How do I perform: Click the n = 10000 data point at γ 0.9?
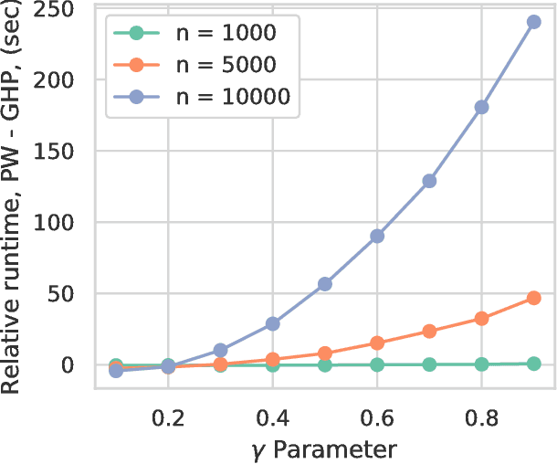pos(534,22)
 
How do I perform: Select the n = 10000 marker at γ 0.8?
pos(481,107)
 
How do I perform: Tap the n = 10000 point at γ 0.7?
pos(429,181)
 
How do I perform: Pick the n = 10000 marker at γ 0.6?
pos(377,236)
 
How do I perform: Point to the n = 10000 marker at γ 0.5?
pos(324,284)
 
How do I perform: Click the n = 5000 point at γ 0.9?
pos(534,298)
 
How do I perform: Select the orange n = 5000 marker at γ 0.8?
pos(481,319)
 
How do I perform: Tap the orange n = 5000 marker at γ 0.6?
pos(377,343)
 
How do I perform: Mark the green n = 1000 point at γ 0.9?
pos(534,364)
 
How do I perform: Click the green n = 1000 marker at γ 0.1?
pos(115,365)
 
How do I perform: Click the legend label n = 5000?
pos(226,65)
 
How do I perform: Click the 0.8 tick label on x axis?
pos(481,414)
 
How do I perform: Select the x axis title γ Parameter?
pos(324,448)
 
